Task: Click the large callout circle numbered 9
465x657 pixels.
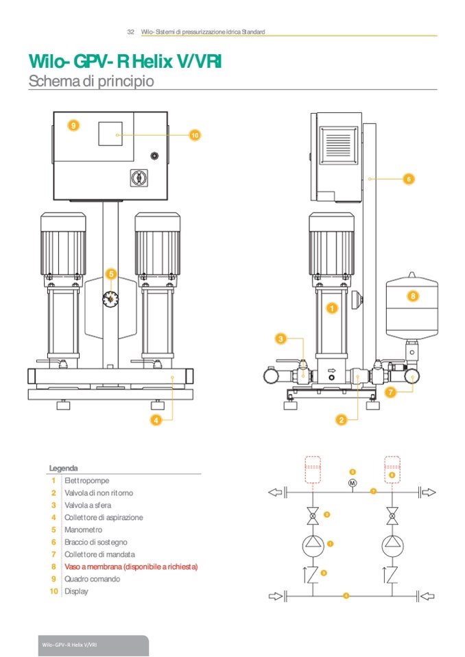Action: click(x=73, y=125)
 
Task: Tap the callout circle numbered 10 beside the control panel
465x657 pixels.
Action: click(x=195, y=136)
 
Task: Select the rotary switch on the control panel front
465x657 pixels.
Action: click(x=136, y=177)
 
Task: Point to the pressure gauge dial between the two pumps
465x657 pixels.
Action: click(x=112, y=299)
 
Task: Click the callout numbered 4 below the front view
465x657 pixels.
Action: click(x=156, y=421)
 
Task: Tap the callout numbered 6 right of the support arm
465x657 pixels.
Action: click(x=409, y=179)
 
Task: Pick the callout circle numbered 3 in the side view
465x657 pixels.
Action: click(x=281, y=338)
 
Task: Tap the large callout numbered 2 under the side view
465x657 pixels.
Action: click(x=340, y=418)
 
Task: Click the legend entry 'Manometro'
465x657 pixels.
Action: click(x=84, y=530)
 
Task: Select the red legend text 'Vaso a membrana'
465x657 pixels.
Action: click(x=131, y=567)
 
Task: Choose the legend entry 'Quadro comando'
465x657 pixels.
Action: click(x=92, y=579)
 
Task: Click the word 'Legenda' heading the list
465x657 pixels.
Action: click(x=63, y=469)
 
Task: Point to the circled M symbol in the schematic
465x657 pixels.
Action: click(x=353, y=484)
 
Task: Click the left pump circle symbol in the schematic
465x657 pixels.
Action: click(x=313, y=544)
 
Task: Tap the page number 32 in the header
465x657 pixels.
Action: click(x=130, y=32)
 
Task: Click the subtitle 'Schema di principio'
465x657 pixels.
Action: click(x=91, y=81)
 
